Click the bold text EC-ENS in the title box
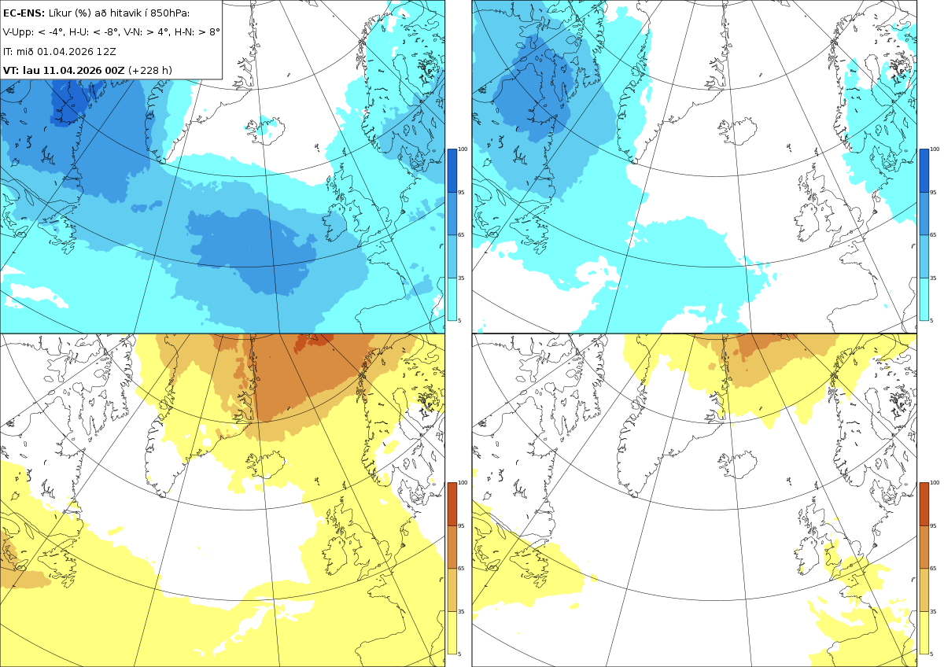click(x=24, y=13)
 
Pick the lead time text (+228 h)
click(x=150, y=70)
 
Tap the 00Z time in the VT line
click(x=115, y=70)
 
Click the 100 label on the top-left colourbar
click(x=463, y=149)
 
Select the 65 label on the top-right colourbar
click(x=933, y=234)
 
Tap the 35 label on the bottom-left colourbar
click(x=461, y=611)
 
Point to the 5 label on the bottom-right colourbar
click(x=931, y=654)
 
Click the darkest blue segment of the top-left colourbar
click(x=452, y=171)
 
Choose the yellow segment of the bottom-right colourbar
click(x=924, y=632)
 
